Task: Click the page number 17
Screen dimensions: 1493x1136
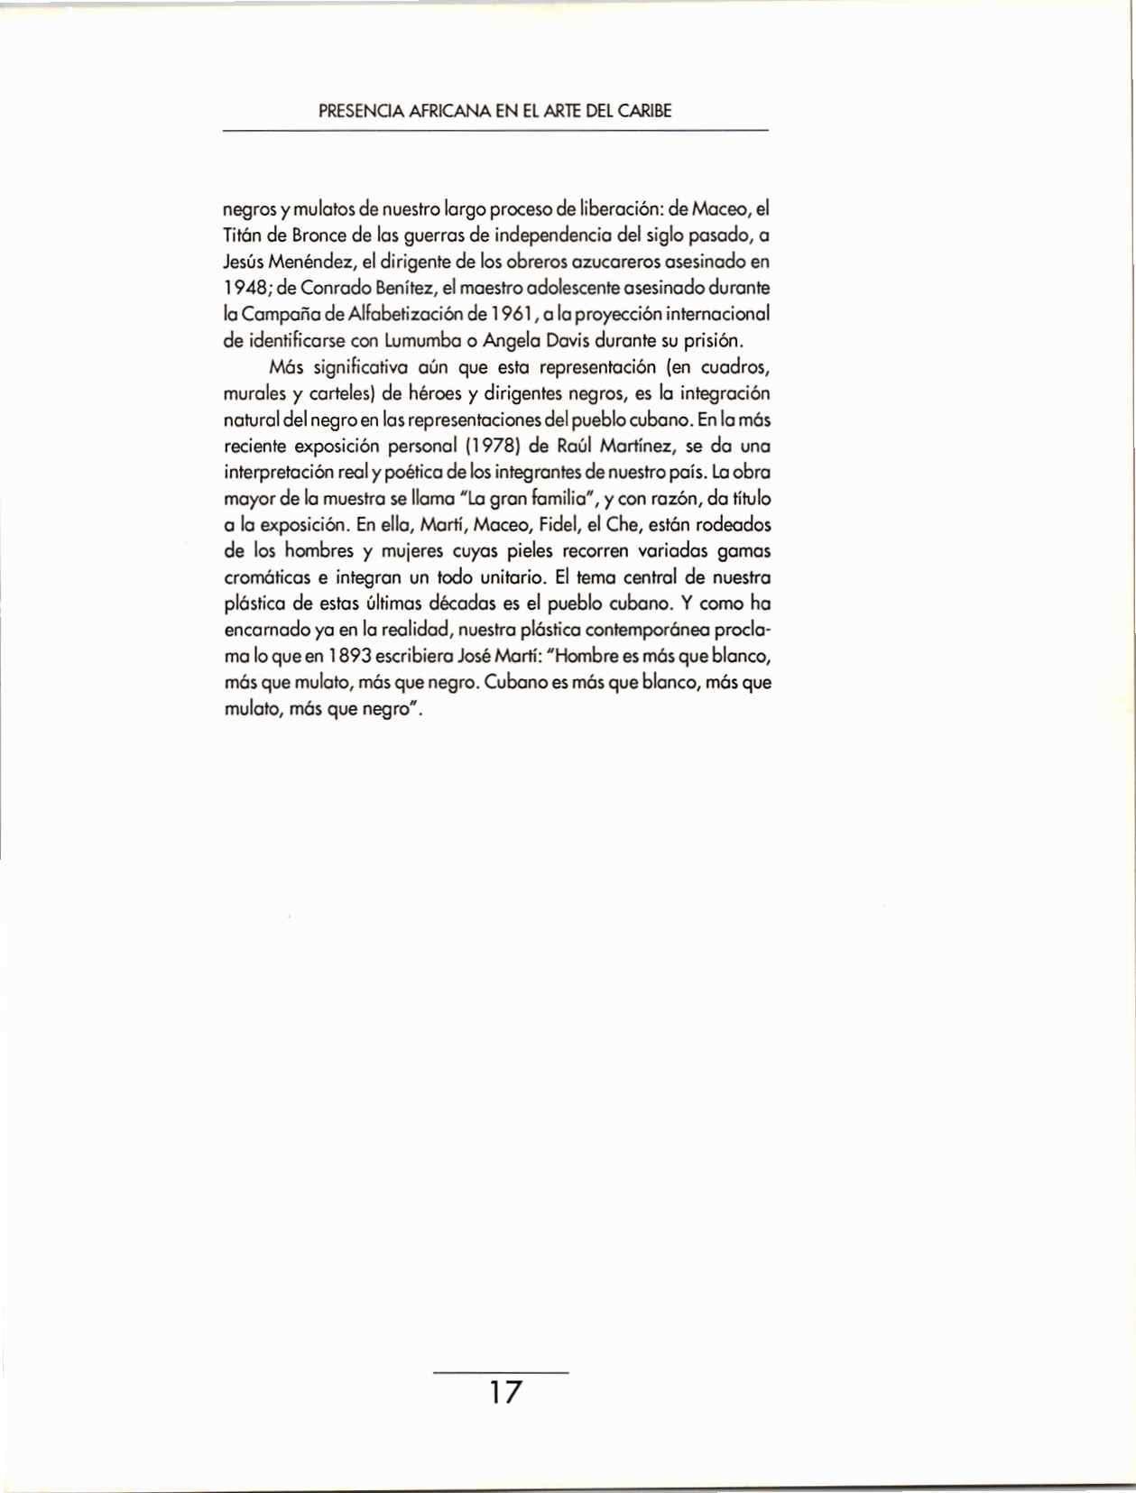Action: click(x=504, y=1392)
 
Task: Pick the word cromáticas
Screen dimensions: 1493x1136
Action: click(x=262, y=577)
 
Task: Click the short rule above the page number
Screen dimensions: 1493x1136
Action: click(x=502, y=1372)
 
